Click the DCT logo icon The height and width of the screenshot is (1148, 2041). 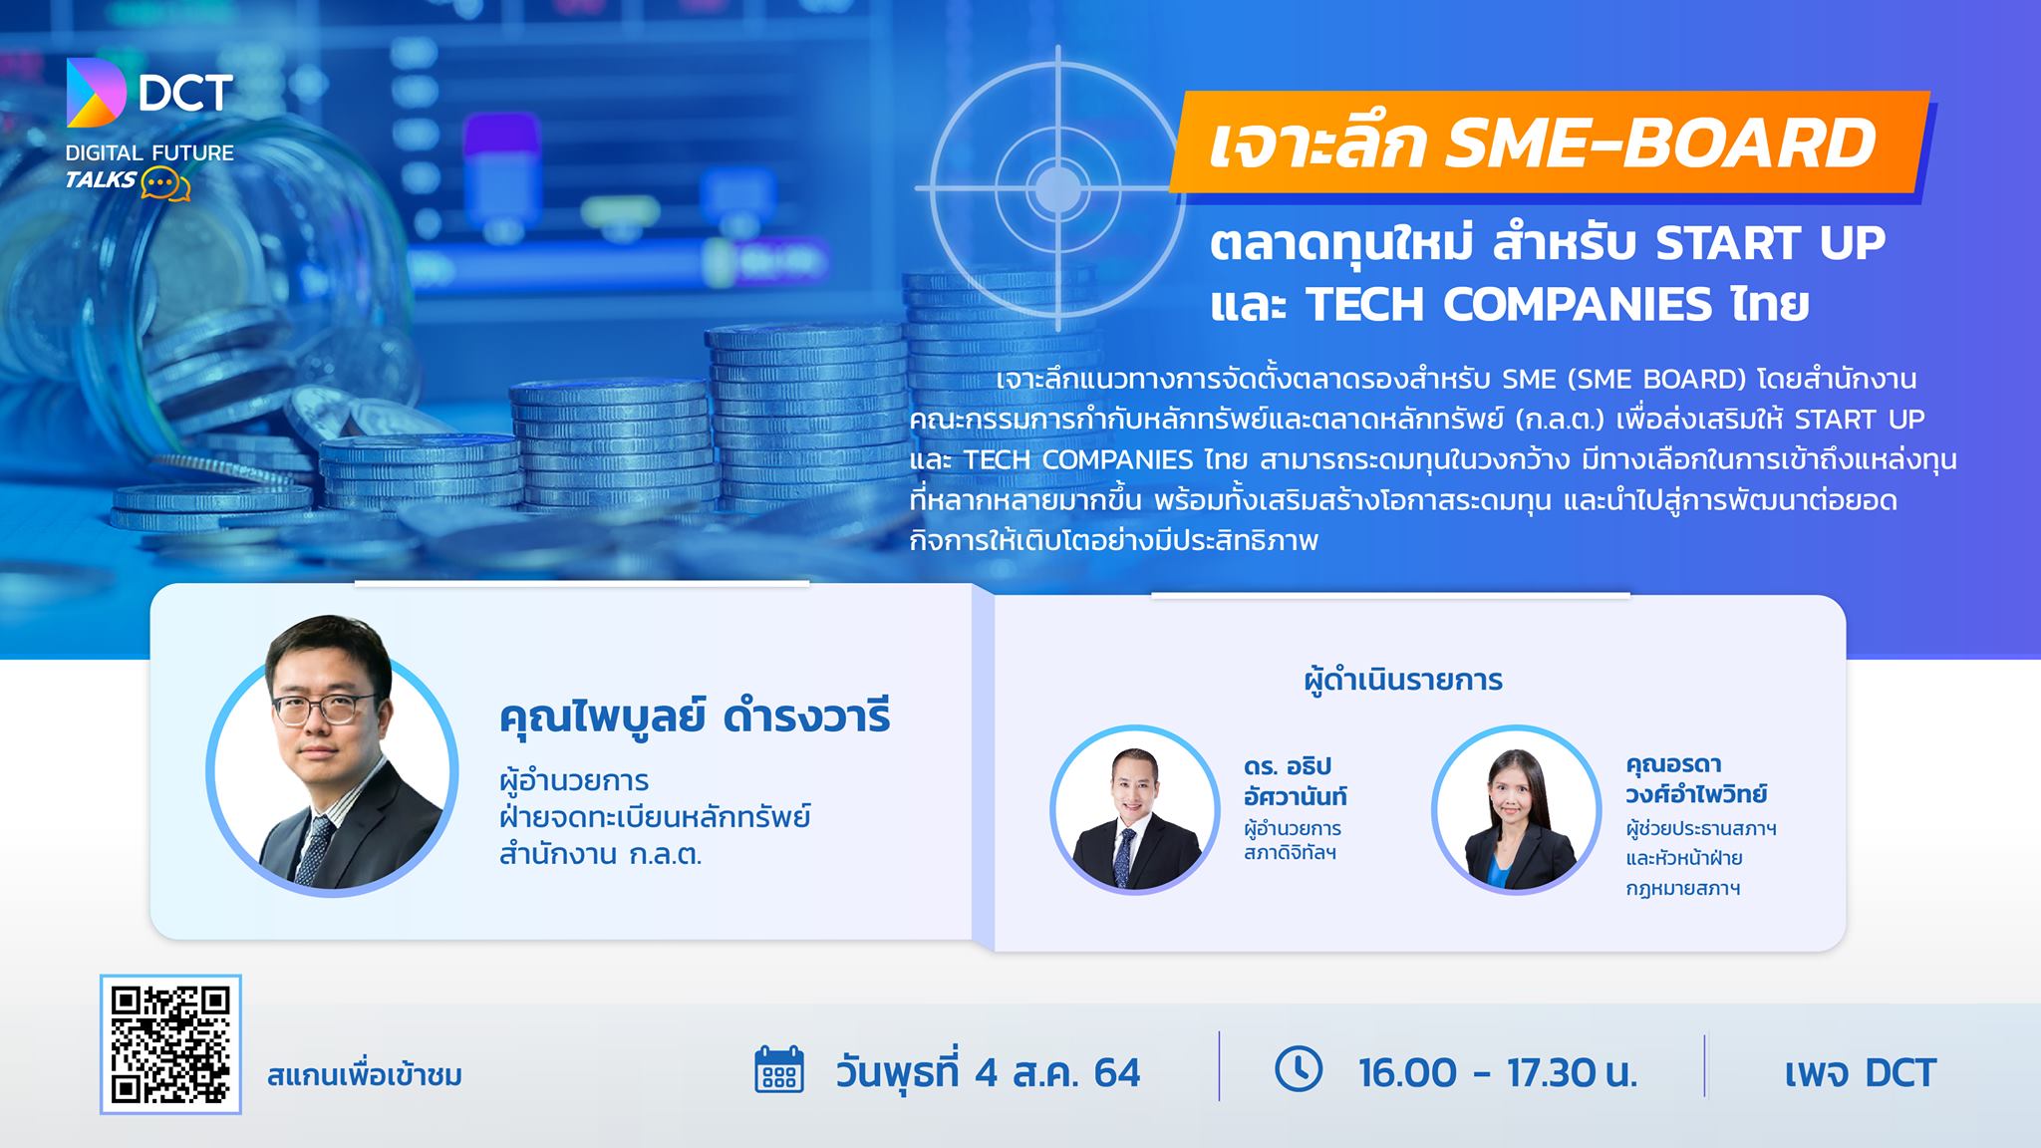(96, 93)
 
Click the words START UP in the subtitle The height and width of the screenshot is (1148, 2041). (1771, 243)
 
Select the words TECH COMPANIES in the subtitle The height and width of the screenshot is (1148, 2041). (1508, 305)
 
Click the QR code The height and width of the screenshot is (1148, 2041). (170, 1044)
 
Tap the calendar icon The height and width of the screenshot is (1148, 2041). (779, 1070)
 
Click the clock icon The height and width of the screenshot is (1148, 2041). (1299, 1068)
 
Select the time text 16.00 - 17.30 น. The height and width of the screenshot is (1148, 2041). (1498, 1072)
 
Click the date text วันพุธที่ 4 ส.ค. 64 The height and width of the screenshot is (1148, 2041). (988, 1072)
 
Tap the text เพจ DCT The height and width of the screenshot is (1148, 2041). (1860, 1072)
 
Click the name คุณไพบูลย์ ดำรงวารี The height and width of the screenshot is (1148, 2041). (695, 717)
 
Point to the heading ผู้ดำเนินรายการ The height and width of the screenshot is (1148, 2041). (1403, 681)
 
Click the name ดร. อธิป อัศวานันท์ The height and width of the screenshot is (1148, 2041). (1295, 781)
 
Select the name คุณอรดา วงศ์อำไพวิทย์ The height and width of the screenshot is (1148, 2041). (1695, 779)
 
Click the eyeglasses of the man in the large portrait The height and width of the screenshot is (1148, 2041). (324, 708)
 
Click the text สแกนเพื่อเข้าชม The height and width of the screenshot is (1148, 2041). (365, 1076)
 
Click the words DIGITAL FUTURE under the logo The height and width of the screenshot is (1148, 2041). (149, 153)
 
